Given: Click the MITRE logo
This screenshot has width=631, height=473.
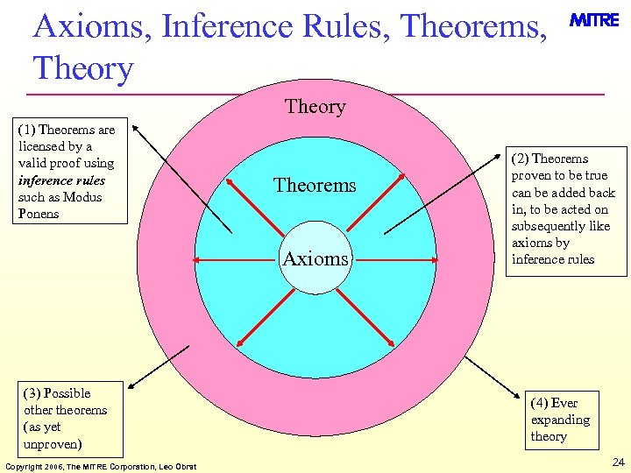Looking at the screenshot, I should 594,20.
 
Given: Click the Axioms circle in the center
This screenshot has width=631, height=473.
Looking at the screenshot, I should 315,259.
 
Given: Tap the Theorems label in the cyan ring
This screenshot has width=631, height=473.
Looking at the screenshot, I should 315,185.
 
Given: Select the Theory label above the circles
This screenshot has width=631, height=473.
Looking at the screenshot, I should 315,107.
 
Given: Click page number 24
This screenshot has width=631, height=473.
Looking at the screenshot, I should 618,462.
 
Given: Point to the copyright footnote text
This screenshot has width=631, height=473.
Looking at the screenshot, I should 101,465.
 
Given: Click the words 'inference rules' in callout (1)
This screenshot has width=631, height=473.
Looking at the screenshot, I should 61,180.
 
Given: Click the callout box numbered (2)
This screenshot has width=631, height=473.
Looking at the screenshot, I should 566,208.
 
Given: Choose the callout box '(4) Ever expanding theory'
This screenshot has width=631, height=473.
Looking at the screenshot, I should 561,420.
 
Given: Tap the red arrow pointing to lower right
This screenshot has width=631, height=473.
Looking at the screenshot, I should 365,315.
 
